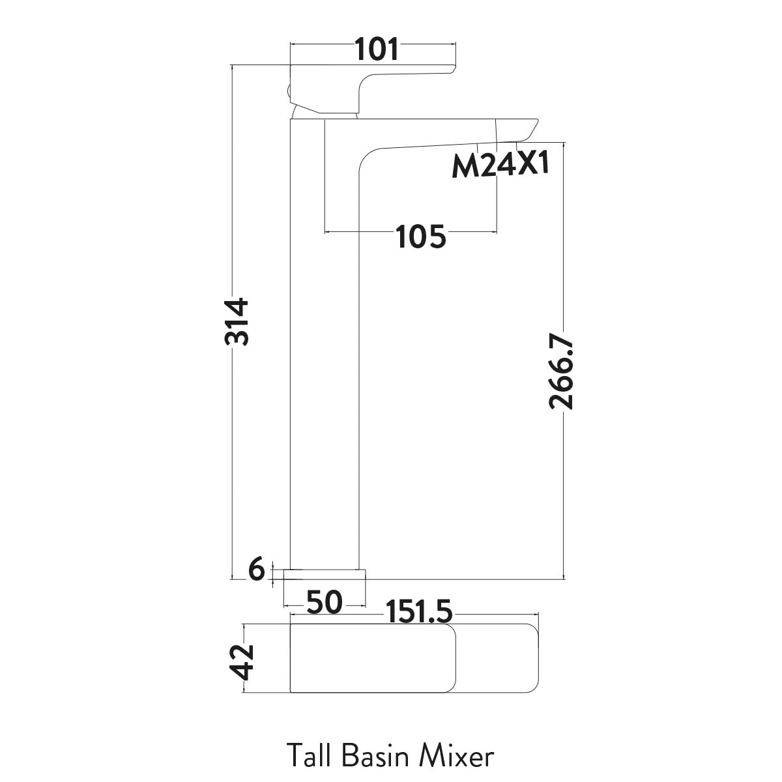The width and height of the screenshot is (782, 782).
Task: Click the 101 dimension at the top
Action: [377, 50]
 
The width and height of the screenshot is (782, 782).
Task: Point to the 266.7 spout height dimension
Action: [561, 371]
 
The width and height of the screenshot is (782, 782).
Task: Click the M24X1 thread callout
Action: [500, 166]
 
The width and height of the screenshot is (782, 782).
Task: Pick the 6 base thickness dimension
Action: [257, 571]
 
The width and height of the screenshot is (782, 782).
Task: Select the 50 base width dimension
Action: [324, 603]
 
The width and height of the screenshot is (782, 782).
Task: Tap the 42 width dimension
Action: [245, 661]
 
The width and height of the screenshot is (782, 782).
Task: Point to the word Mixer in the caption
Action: [456, 757]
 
